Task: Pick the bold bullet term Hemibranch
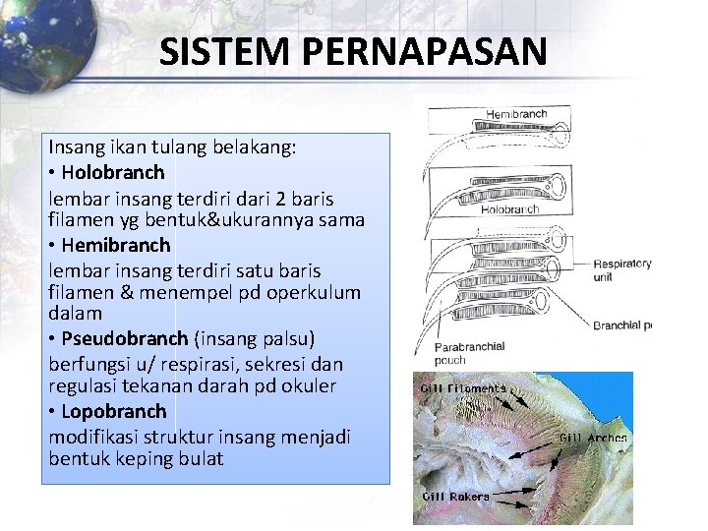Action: [115, 244]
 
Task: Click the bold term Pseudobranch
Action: [124, 338]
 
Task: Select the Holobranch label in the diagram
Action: [513, 208]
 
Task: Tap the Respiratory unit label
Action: [621, 271]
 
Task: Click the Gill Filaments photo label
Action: [462, 388]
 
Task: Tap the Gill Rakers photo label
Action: [455, 497]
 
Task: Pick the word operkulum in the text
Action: [315, 292]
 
